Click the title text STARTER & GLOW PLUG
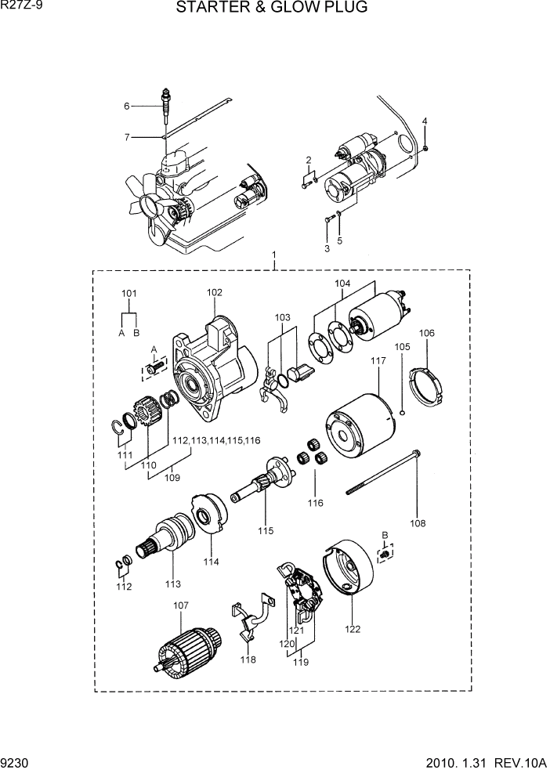click(x=271, y=9)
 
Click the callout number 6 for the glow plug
click(x=125, y=106)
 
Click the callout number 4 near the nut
click(x=425, y=121)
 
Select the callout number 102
click(x=215, y=292)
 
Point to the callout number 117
click(x=378, y=360)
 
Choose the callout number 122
click(x=353, y=627)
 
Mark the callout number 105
click(x=401, y=346)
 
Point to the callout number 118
click(x=248, y=660)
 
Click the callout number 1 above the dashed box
click(x=274, y=255)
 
